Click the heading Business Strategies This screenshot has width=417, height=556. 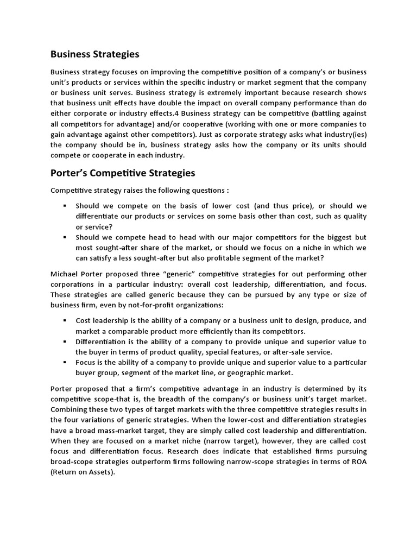pyautogui.click(x=94, y=54)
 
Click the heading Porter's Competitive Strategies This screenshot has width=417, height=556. pyautogui.click(x=122, y=173)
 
